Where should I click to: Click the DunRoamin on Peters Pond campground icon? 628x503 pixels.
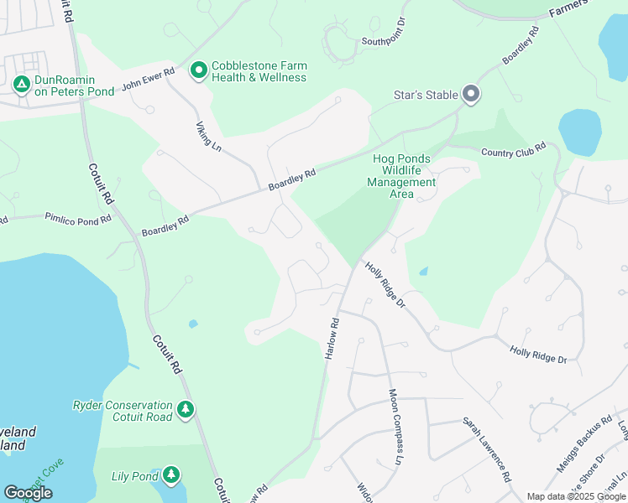(x=19, y=85)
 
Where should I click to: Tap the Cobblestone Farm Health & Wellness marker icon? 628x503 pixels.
(x=198, y=71)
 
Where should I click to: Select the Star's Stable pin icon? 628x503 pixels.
(x=471, y=94)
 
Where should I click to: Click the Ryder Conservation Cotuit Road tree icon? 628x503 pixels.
(x=186, y=411)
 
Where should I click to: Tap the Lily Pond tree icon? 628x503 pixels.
(x=171, y=475)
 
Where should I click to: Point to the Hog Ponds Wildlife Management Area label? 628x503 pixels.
(x=401, y=176)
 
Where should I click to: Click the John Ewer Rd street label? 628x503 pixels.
(x=148, y=80)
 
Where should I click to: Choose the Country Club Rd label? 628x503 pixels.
(x=513, y=150)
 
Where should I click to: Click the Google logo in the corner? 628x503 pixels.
(x=28, y=493)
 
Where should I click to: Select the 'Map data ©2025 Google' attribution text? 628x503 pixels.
(x=576, y=496)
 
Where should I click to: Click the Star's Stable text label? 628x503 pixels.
(x=425, y=95)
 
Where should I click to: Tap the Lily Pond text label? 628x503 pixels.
(x=135, y=476)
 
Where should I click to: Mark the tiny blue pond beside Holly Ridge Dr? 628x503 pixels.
(x=423, y=272)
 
